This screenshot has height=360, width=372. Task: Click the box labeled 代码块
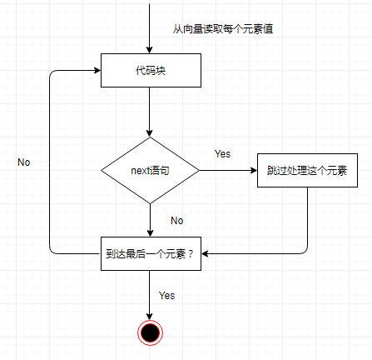(x=151, y=70)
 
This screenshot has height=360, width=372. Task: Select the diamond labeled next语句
(x=150, y=170)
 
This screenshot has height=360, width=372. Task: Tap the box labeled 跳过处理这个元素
(x=307, y=170)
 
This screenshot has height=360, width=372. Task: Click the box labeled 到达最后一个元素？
(x=151, y=253)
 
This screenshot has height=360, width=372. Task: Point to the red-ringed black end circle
(x=150, y=332)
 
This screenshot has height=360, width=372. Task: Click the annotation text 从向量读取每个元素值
(x=223, y=29)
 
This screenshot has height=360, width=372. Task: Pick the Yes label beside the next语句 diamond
(x=222, y=153)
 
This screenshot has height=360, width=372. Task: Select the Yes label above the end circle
(x=166, y=296)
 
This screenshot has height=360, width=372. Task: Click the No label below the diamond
(x=177, y=221)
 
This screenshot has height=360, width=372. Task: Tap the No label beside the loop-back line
(x=24, y=162)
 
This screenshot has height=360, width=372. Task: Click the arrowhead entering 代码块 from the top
(x=150, y=50)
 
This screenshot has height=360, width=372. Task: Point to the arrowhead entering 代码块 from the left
(x=97, y=70)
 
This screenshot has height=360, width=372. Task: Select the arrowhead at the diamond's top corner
(x=150, y=133)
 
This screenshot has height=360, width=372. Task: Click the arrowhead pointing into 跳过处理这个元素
(x=254, y=170)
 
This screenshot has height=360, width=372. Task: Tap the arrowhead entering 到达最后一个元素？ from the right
(x=205, y=253)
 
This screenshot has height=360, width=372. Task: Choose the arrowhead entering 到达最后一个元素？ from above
(x=150, y=233)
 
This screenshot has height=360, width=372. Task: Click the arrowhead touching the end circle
(x=150, y=317)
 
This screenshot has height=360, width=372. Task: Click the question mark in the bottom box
(x=191, y=254)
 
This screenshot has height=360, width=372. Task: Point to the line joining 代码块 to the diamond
(x=150, y=112)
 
